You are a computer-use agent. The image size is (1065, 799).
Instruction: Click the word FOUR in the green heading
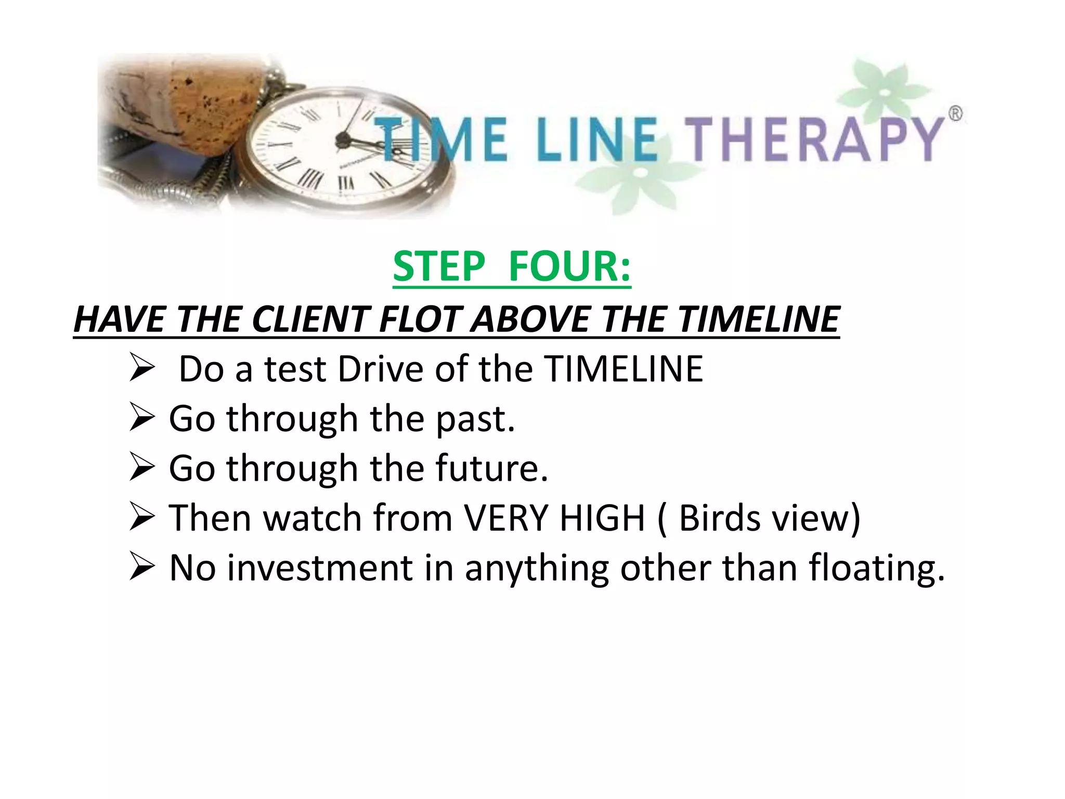pyautogui.click(x=569, y=266)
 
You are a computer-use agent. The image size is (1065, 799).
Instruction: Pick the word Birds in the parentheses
pyautogui.click(x=719, y=518)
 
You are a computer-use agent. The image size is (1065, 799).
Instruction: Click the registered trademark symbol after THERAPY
pyautogui.click(x=955, y=113)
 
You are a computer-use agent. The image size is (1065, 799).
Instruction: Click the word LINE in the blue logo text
pyautogui.click(x=597, y=139)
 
